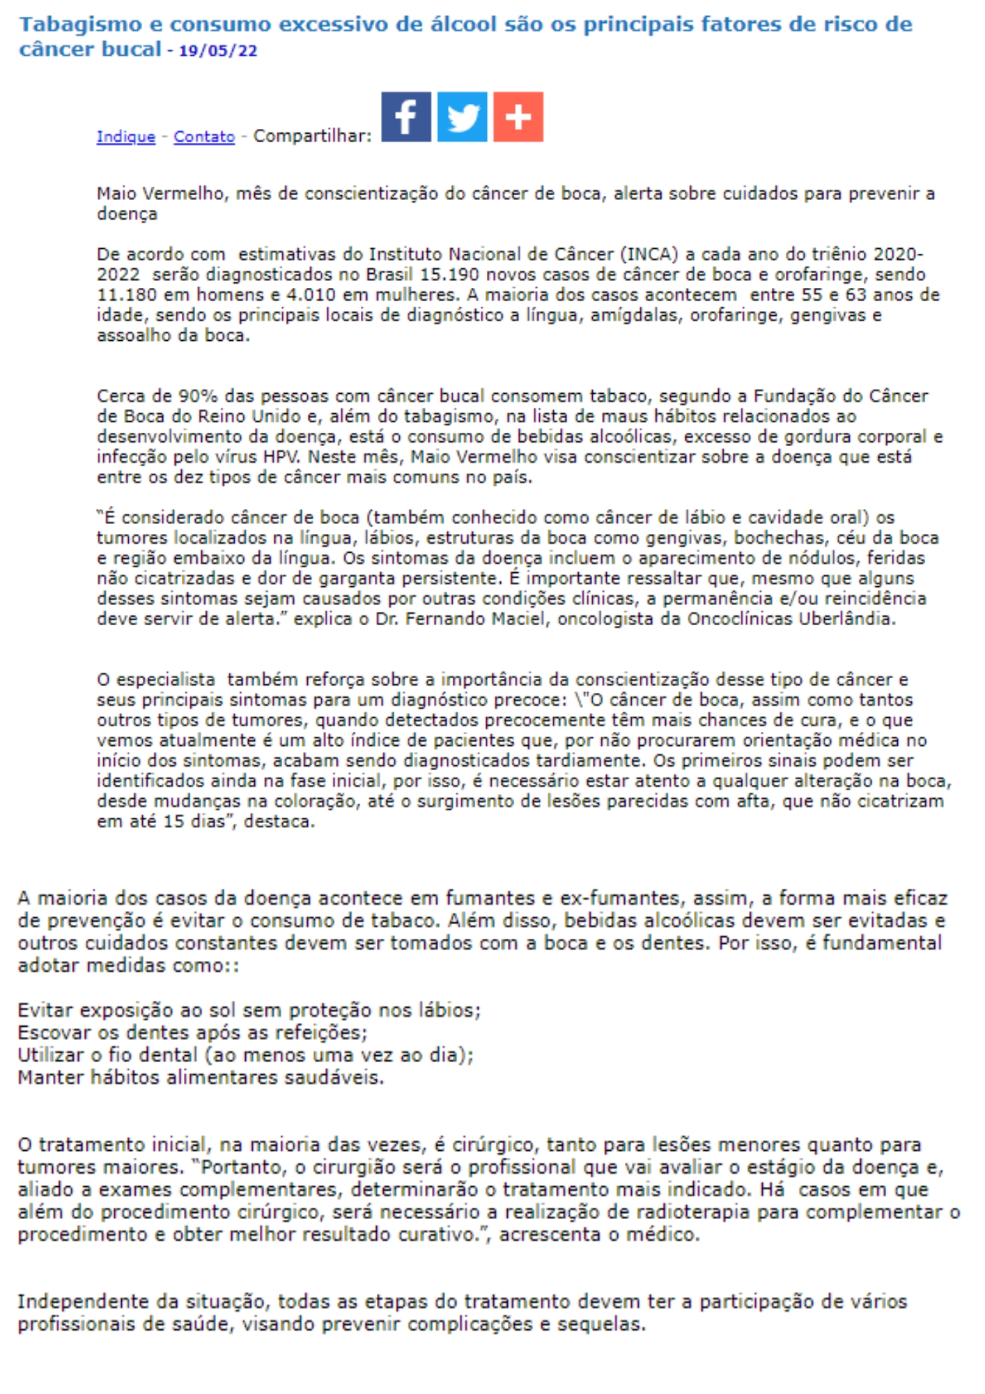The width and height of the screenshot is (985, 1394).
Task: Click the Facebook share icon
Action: pos(406,117)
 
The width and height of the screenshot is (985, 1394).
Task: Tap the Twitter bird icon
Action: pos(462,117)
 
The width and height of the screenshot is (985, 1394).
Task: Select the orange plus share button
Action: pos(518,117)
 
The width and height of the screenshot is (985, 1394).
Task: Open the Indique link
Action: pos(126,137)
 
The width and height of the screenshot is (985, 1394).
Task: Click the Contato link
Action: pos(204,137)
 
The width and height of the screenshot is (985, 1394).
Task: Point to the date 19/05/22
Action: pos(218,51)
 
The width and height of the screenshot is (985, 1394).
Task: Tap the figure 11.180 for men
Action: pos(126,295)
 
